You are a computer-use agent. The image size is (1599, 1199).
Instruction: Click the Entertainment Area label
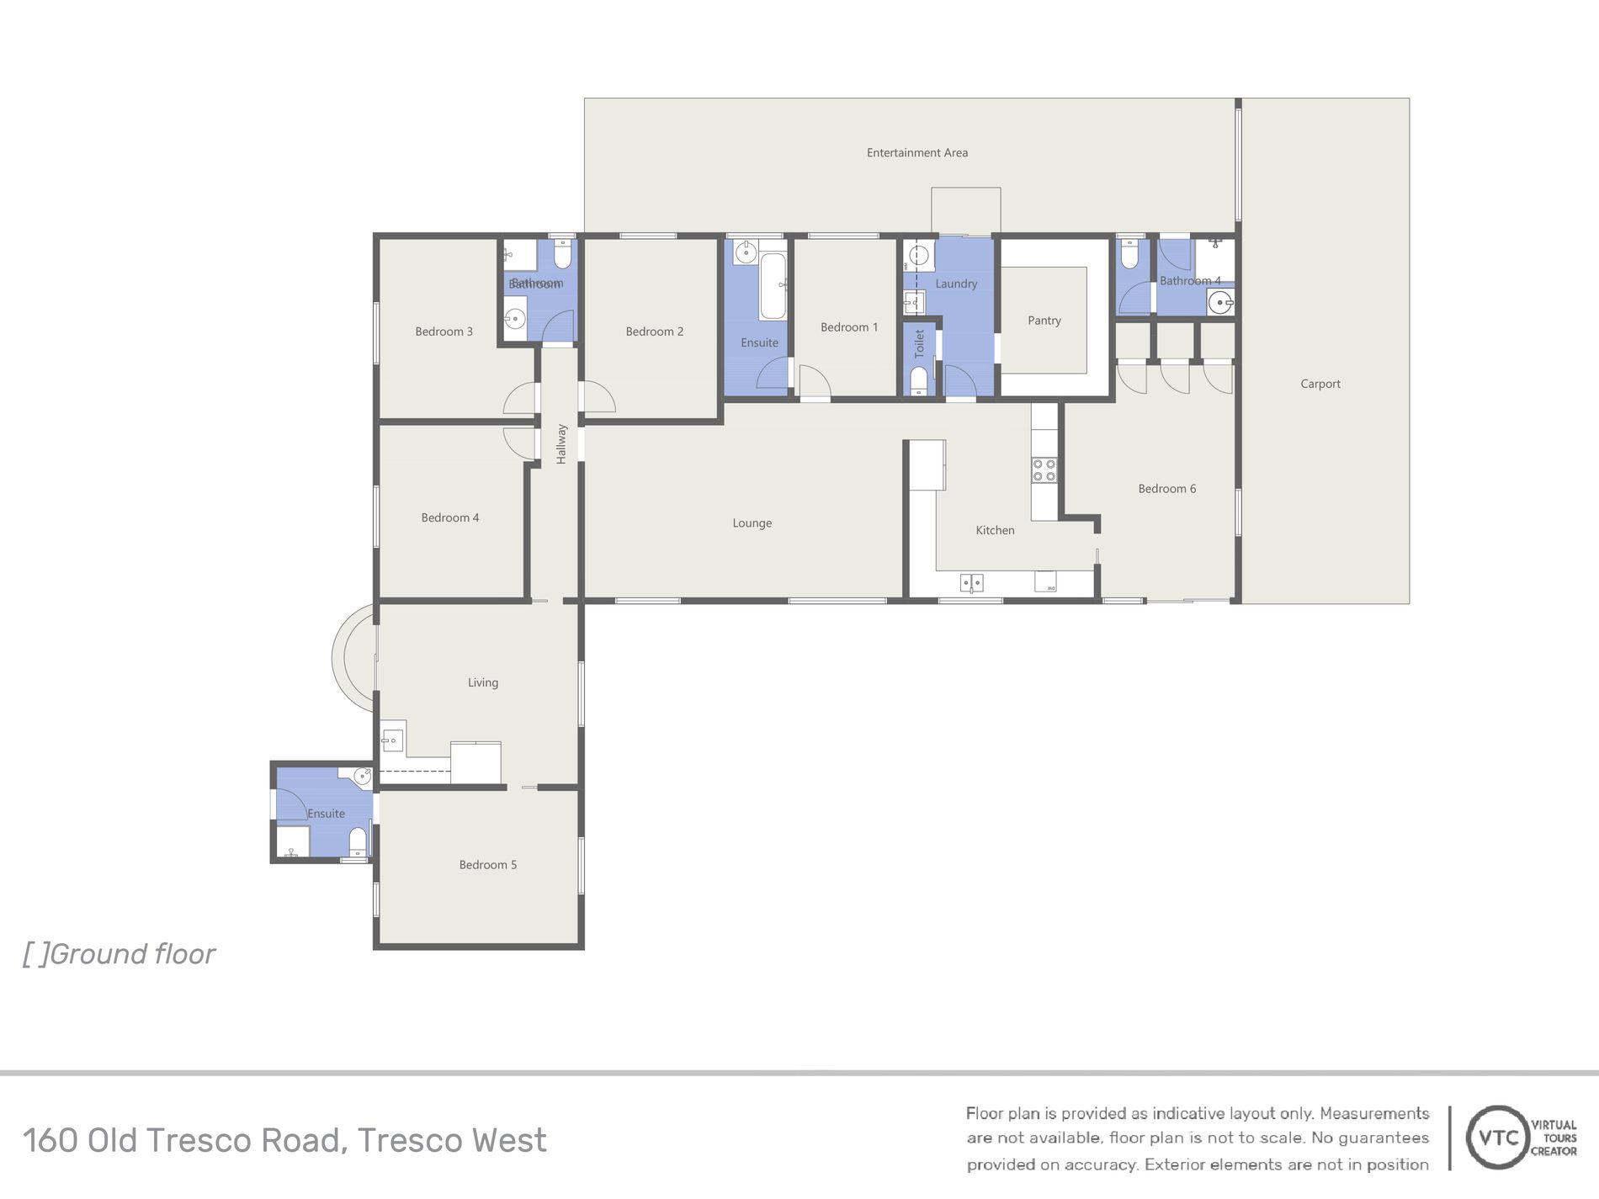(917, 152)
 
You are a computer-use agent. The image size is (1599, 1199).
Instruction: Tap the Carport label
(1320, 384)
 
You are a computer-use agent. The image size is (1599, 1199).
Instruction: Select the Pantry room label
(1044, 321)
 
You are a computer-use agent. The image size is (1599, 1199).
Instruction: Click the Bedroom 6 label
(1167, 489)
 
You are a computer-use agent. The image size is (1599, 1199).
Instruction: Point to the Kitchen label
(995, 530)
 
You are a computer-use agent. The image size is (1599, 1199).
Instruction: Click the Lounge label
(752, 523)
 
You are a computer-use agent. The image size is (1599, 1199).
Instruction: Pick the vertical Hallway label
(561, 444)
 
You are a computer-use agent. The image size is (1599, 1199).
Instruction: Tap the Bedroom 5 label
(488, 865)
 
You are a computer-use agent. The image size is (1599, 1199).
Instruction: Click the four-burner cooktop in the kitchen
(1044, 470)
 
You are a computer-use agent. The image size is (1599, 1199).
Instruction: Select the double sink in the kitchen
(972, 582)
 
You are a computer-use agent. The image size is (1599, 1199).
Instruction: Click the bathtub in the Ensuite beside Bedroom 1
(773, 286)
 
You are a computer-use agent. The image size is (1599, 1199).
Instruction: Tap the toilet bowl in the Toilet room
(919, 381)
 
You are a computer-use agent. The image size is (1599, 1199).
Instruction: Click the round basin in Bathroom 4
(1219, 301)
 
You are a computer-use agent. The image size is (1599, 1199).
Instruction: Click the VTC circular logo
(1498, 1138)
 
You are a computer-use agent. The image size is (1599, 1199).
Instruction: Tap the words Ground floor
(133, 954)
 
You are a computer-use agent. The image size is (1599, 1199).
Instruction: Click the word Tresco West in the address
(452, 1141)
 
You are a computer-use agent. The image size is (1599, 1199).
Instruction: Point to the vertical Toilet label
(919, 343)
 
